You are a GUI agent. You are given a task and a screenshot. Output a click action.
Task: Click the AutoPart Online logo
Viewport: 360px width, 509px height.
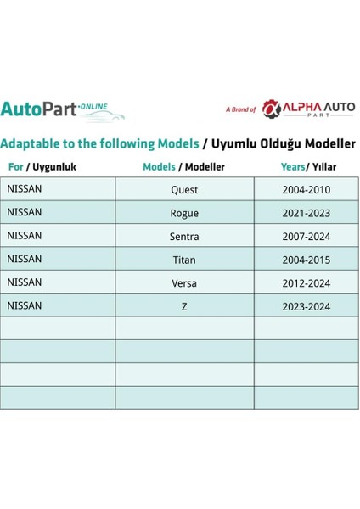click(x=62, y=110)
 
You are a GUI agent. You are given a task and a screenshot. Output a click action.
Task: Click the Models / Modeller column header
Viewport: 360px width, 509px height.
click(x=183, y=167)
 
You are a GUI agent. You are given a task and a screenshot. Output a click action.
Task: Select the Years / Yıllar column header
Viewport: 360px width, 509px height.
click(x=306, y=167)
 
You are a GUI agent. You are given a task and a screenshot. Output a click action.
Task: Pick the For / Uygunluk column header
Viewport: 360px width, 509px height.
click(x=42, y=167)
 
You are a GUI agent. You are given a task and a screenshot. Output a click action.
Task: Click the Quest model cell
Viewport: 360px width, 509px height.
click(x=184, y=190)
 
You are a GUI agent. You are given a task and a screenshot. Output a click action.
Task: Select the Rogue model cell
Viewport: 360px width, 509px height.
click(x=184, y=213)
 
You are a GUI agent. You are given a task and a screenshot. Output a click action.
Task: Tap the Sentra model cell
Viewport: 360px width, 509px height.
click(x=184, y=237)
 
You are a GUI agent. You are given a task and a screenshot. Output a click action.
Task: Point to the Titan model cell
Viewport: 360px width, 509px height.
click(x=184, y=260)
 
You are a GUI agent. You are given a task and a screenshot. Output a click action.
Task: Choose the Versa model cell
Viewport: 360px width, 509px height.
click(x=184, y=282)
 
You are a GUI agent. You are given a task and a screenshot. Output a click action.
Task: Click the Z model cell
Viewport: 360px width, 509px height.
click(x=184, y=306)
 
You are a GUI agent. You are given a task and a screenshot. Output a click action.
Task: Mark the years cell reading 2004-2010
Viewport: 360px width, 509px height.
click(x=306, y=190)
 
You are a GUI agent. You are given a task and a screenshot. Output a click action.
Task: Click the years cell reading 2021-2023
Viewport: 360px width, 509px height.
click(x=306, y=213)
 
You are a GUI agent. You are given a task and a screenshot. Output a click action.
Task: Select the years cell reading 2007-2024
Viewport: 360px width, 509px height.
click(x=306, y=237)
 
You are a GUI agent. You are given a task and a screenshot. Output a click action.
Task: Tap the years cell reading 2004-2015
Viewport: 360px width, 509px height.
click(x=306, y=260)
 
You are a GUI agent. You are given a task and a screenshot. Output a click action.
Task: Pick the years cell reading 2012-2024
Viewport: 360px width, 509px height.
click(x=306, y=282)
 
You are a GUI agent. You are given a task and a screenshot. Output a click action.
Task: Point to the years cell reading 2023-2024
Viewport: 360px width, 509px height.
click(x=306, y=306)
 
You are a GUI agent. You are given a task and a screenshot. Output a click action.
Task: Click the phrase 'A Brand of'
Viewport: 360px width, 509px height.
click(x=240, y=109)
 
